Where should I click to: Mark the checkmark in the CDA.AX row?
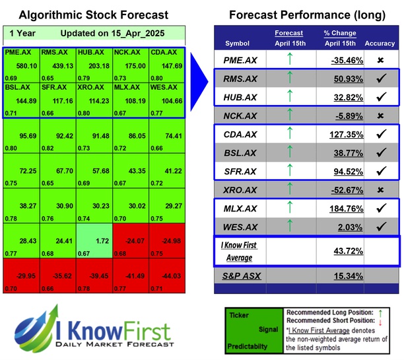380,135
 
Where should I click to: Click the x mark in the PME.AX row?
380,60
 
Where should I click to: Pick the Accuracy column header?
380,44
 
